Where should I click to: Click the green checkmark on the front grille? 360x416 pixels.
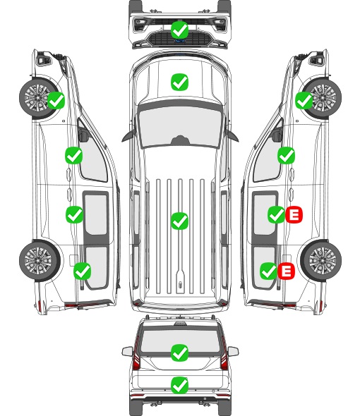(179, 30)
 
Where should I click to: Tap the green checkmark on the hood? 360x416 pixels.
(179, 82)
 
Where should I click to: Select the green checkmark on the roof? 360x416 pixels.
(179, 221)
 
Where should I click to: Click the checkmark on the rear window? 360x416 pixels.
(179, 353)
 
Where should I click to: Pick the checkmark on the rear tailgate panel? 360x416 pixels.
(179, 385)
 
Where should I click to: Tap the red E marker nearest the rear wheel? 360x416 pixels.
(286, 271)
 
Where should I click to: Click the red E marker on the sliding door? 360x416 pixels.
(294, 214)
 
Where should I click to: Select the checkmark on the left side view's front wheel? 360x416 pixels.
(56, 100)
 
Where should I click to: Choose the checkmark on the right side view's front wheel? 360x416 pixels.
(304, 100)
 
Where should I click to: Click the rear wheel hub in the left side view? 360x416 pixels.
(39, 260)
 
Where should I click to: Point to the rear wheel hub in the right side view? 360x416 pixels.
(323, 260)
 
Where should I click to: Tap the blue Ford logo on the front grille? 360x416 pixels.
(179, 41)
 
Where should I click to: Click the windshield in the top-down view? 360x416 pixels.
(180, 127)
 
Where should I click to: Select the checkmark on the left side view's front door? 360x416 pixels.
(73, 155)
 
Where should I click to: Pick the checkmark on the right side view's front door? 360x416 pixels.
(286, 155)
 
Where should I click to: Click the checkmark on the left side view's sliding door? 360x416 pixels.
(74, 214)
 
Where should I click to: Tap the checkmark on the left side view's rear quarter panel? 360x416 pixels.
(82, 271)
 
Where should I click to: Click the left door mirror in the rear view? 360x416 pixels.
(127, 351)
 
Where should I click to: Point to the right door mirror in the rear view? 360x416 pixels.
(233, 351)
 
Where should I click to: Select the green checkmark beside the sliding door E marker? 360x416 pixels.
(276, 214)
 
